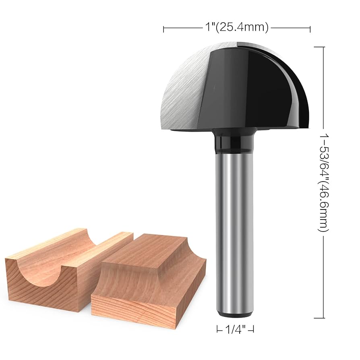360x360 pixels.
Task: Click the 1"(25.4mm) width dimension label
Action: [x=236, y=27]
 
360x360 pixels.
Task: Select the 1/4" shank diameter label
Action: [x=235, y=329]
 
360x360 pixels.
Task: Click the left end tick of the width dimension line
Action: [x=163, y=28]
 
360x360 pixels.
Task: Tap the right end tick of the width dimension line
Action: [x=310, y=28]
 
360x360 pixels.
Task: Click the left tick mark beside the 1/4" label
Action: [x=217, y=329]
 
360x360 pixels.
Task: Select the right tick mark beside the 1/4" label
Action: [x=253, y=329]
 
